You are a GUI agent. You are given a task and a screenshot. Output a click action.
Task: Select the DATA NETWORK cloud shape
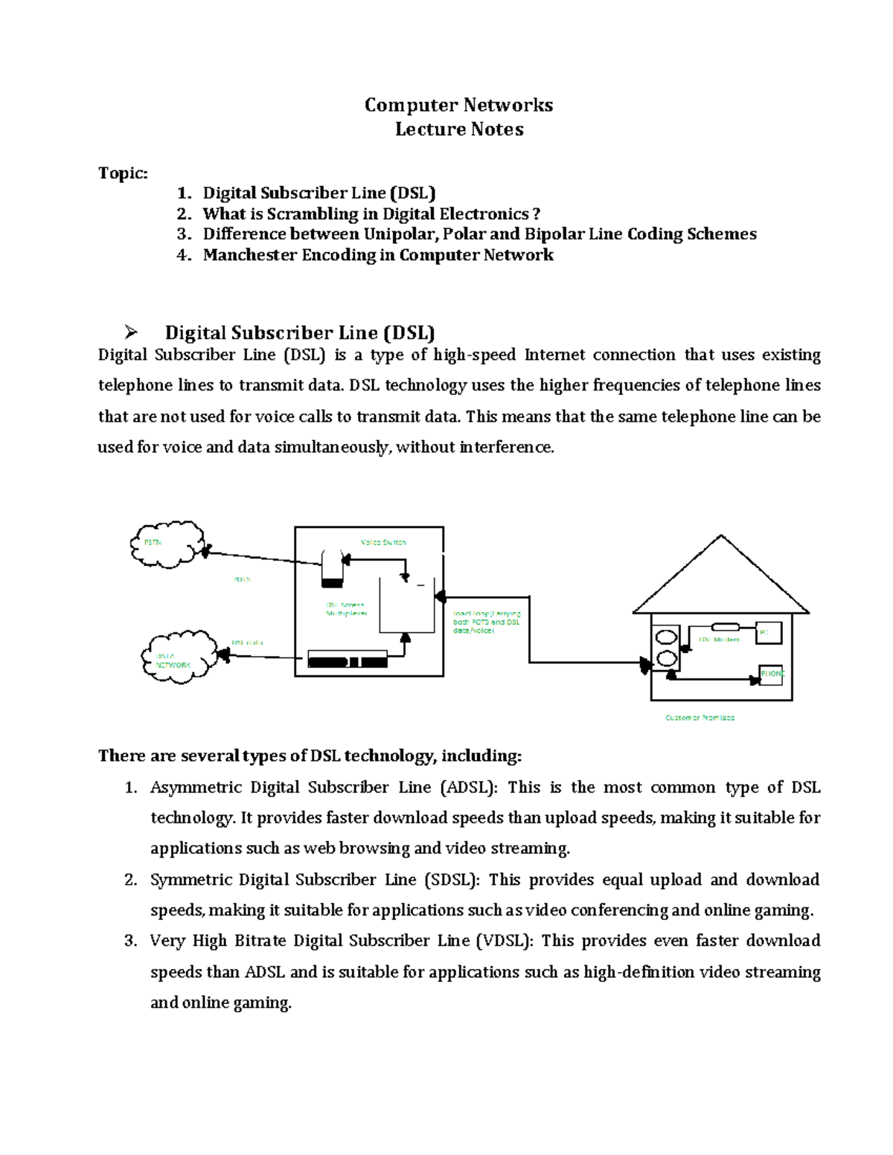(x=177, y=657)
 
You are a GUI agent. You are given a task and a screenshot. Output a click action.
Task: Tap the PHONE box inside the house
(x=771, y=675)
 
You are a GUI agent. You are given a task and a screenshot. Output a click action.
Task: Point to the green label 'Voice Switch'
(x=383, y=542)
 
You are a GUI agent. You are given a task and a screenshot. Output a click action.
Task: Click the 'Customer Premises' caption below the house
(x=700, y=718)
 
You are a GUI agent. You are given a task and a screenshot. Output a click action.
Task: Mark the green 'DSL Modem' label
(x=719, y=640)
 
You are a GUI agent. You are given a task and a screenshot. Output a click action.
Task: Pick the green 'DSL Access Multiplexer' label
(x=346, y=610)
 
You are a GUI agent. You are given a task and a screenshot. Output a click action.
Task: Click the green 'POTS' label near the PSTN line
(x=242, y=579)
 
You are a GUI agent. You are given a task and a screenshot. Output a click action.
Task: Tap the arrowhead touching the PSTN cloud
(x=205, y=551)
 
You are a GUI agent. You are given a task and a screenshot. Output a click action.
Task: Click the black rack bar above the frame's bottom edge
(x=348, y=660)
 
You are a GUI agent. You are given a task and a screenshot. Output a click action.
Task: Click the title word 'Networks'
(x=506, y=106)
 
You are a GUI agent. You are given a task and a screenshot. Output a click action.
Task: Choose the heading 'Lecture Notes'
(x=459, y=129)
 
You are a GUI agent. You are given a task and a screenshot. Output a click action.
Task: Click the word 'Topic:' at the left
(x=123, y=173)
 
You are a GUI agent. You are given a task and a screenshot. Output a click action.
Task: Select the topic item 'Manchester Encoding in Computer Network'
(x=378, y=255)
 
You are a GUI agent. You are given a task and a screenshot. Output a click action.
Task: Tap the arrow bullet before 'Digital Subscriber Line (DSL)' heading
(x=132, y=332)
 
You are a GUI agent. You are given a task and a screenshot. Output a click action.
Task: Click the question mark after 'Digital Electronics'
(x=537, y=214)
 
